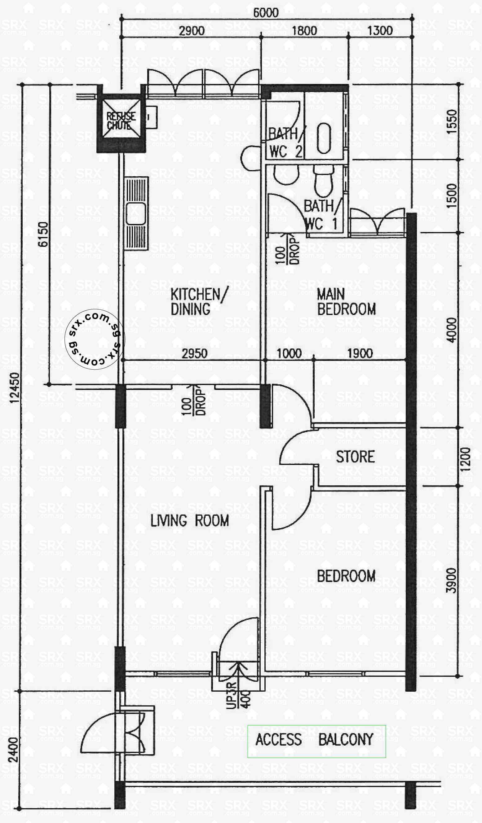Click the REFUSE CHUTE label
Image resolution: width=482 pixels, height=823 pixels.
click(x=121, y=121)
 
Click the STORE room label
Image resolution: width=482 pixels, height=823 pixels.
click(x=355, y=457)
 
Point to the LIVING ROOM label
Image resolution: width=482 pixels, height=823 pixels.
click(x=189, y=521)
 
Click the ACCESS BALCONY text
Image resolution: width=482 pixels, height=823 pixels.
click(x=314, y=739)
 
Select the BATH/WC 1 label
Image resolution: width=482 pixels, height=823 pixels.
click(x=322, y=215)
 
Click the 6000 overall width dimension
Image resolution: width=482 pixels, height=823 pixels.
click(x=266, y=13)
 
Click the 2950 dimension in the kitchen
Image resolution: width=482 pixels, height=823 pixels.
click(x=194, y=353)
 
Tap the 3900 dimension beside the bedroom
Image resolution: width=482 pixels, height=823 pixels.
click(x=451, y=581)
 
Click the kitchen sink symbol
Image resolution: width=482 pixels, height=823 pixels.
click(x=136, y=214)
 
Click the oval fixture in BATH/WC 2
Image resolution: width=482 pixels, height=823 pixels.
click(x=324, y=138)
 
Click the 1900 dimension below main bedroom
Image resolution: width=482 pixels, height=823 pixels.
click(x=360, y=353)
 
